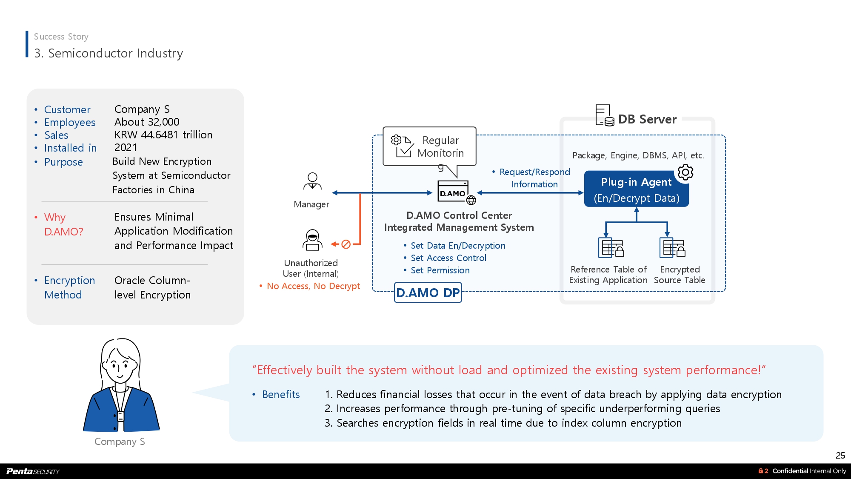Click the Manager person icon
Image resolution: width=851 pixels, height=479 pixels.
pyautogui.click(x=312, y=181)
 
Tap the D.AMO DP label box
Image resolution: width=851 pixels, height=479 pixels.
pyautogui.click(x=428, y=293)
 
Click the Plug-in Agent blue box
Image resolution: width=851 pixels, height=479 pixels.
pyautogui.click(x=636, y=190)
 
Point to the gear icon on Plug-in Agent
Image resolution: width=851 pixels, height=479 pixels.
pyautogui.click(x=685, y=172)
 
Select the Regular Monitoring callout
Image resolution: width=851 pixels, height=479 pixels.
pyautogui.click(x=429, y=146)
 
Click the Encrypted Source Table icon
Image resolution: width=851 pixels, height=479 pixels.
pyautogui.click(x=672, y=247)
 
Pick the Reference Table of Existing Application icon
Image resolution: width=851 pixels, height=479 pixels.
pyautogui.click(x=611, y=247)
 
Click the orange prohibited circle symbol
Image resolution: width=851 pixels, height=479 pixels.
pyautogui.click(x=346, y=244)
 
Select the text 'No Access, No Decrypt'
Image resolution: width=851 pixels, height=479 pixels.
pyautogui.click(x=313, y=286)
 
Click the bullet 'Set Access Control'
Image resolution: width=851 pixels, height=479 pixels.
pyautogui.click(x=448, y=258)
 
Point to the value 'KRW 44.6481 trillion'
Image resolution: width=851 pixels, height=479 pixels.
pyautogui.click(x=163, y=135)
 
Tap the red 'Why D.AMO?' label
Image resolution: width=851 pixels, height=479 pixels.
pyautogui.click(x=64, y=224)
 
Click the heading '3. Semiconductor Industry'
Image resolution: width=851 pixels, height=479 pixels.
pyautogui.click(x=109, y=53)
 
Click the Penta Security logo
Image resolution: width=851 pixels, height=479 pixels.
pyautogui.click(x=33, y=471)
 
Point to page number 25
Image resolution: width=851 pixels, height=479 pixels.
pyautogui.click(x=840, y=455)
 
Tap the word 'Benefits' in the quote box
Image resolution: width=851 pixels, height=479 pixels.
pyautogui.click(x=281, y=395)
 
